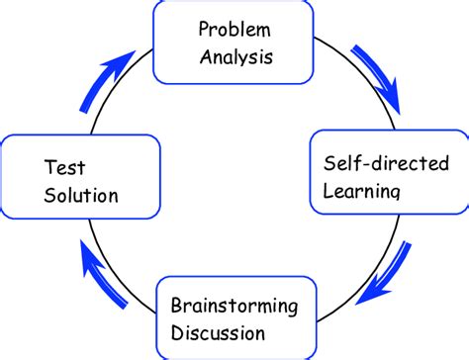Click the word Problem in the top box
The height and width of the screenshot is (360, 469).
click(x=234, y=28)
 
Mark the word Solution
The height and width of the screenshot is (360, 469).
click(x=81, y=195)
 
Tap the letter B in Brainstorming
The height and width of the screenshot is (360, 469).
click(x=176, y=304)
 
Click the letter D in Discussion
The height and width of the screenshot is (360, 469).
click(x=177, y=330)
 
